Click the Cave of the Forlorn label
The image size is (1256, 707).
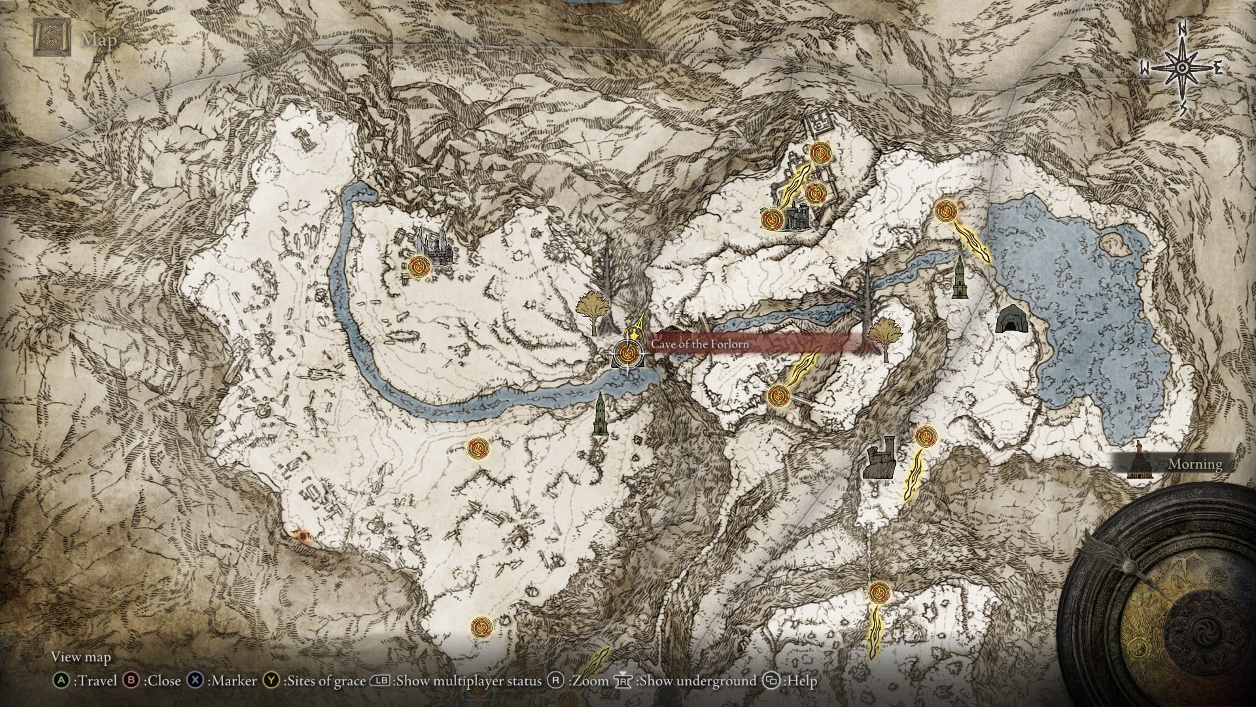700,344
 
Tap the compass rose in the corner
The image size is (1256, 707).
1183,69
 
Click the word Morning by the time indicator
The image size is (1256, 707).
1195,464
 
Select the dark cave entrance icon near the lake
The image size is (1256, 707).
1011,319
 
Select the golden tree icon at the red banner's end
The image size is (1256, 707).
884,336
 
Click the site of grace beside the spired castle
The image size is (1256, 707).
419,266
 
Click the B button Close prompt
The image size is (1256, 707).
156,681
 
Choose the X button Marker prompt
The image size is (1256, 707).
222,681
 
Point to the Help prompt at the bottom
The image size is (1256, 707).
794,681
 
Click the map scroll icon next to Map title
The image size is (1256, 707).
51,38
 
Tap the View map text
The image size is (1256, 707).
81,657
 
